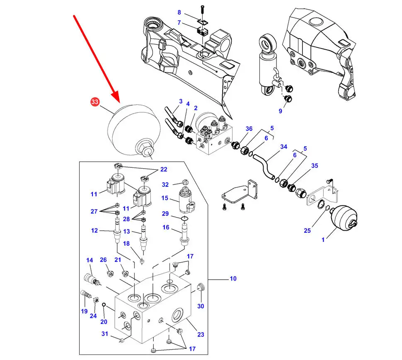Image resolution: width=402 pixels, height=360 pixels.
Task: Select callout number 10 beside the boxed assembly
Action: (x=233, y=278)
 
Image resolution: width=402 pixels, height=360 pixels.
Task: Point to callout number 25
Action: (x=307, y=230)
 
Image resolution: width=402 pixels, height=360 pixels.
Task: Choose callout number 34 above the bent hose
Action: (x=283, y=147)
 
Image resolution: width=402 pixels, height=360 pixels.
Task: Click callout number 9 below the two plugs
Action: (x=280, y=111)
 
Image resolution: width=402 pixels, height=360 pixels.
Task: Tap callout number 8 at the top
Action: (x=179, y=12)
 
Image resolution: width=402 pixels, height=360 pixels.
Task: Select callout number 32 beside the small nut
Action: (x=165, y=185)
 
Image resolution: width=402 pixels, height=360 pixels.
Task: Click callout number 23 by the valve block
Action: (x=201, y=334)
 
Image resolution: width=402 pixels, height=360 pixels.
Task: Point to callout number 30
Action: (x=201, y=306)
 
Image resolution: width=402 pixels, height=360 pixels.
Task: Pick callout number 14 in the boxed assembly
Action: (x=90, y=260)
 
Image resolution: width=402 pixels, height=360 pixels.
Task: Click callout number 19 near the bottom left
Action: (x=84, y=312)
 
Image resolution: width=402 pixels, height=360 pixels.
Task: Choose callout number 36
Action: (x=249, y=129)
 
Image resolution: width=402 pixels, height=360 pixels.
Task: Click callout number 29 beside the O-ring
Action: (x=165, y=214)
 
